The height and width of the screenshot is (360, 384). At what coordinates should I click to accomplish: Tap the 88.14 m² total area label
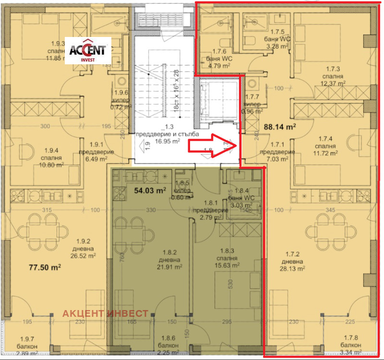coord(280,127)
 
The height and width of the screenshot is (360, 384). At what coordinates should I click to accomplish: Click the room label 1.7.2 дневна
coord(292,262)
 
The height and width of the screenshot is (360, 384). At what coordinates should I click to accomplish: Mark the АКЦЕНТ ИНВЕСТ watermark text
coord(106,313)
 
